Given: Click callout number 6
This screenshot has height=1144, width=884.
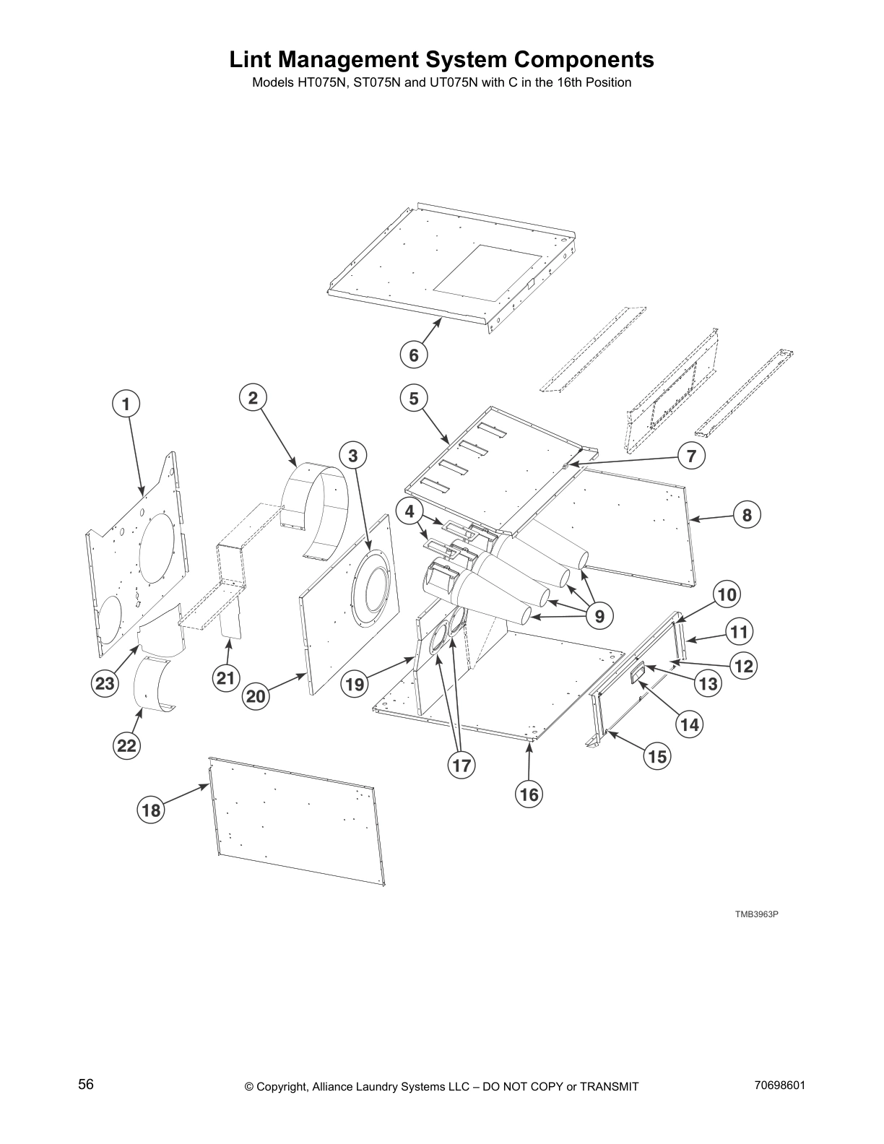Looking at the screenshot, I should coord(414,355).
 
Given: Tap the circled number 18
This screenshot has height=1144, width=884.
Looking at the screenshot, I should coord(150,810).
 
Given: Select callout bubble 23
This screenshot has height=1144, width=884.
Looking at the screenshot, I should coord(105,682).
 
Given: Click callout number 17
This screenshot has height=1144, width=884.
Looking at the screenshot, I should coord(461,765).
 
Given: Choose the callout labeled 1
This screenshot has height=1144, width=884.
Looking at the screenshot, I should coord(126,404).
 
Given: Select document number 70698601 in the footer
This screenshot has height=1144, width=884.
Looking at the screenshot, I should coord(779,1085).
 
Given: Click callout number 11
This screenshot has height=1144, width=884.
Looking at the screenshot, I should coord(739,632).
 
